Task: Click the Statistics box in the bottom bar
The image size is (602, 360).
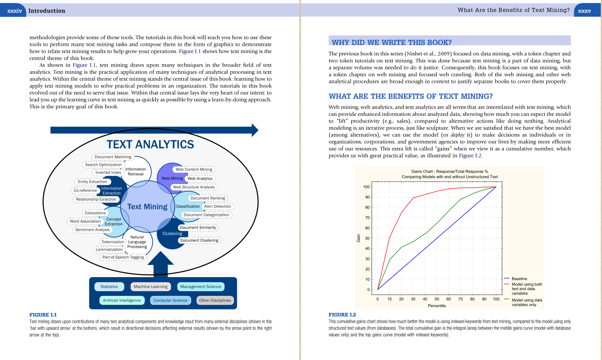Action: tap(109, 287)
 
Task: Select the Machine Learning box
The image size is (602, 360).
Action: tap(150, 287)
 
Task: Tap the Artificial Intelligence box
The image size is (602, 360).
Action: tap(122, 300)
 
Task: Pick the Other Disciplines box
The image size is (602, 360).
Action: tap(215, 300)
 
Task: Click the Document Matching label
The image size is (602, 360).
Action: tap(113, 157)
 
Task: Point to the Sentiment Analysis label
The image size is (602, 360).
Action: tap(92, 230)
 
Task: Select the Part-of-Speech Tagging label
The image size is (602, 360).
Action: tap(123, 257)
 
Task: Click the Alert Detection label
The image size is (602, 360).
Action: tap(217, 206)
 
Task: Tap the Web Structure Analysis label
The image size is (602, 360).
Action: tap(194, 187)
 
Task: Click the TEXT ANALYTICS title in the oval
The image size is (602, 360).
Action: tap(150, 145)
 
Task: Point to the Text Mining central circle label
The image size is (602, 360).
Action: tap(147, 207)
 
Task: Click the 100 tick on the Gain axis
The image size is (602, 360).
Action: tap(366, 187)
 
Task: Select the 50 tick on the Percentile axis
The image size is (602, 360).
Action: tap(437, 299)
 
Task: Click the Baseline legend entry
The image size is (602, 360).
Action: tap(519, 279)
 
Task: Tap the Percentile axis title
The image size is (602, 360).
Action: tap(437, 306)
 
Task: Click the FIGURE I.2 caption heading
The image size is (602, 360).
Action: tap(342, 315)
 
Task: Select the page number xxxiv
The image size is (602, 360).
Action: tap(15, 11)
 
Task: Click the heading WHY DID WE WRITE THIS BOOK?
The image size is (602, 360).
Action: tap(391, 42)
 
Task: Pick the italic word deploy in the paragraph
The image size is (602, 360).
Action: tap(457, 135)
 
